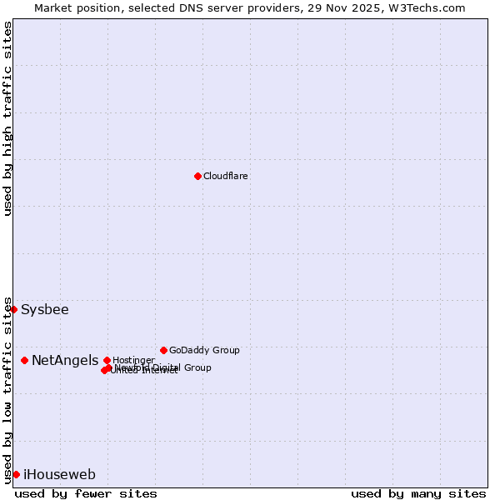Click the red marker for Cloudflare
click(x=197, y=176)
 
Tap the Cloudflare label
click(x=226, y=176)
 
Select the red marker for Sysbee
click(x=13, y=309)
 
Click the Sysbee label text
click(x=45, y=310)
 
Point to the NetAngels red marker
click(x=24, y=360)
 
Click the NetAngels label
click(x=65, y=361)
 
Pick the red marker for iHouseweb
click(x=16, y=474)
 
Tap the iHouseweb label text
click(x=59, y=475)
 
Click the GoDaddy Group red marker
click(x=163, y=350)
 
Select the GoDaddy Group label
click(x=204, y=350)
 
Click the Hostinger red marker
click(x=107, y=360)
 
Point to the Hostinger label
click(x=133, y=360)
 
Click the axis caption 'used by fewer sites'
click(x=86, y=493)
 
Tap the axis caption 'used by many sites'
click(x=418, y=493)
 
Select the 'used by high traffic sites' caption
click(x=7, y=119)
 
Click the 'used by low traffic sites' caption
click(x=7, y=390)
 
